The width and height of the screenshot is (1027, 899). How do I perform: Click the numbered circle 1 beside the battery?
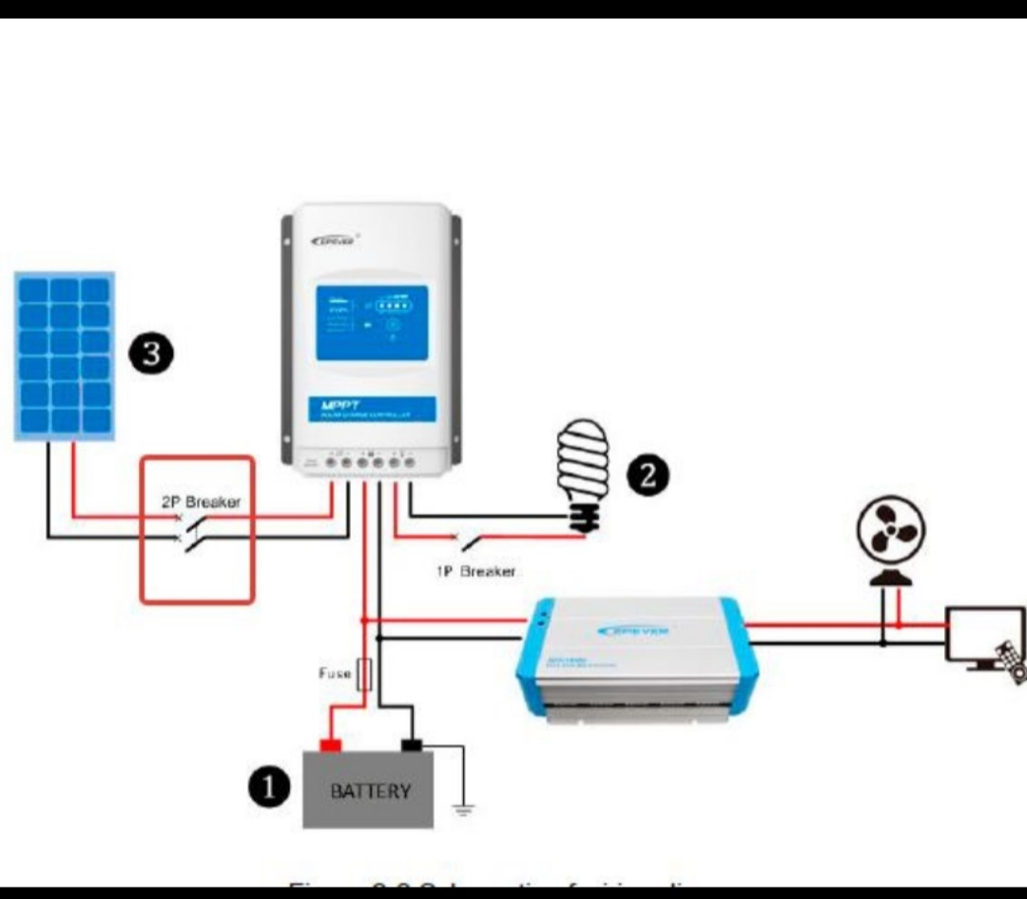269,787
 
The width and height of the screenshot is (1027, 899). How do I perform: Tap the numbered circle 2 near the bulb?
649,474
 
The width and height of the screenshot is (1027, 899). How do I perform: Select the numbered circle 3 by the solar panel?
152,354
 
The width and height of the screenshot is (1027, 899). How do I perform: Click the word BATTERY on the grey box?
370,791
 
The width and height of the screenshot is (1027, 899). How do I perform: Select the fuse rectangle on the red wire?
363,674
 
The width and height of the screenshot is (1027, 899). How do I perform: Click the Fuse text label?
334,674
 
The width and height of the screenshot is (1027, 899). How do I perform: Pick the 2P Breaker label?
200,502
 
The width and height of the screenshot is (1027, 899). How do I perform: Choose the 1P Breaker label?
475,571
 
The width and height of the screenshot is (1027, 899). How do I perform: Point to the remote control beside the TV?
1012,661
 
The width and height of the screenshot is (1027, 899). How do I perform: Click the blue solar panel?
64,355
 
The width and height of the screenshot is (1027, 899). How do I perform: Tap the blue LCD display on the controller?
372,322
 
